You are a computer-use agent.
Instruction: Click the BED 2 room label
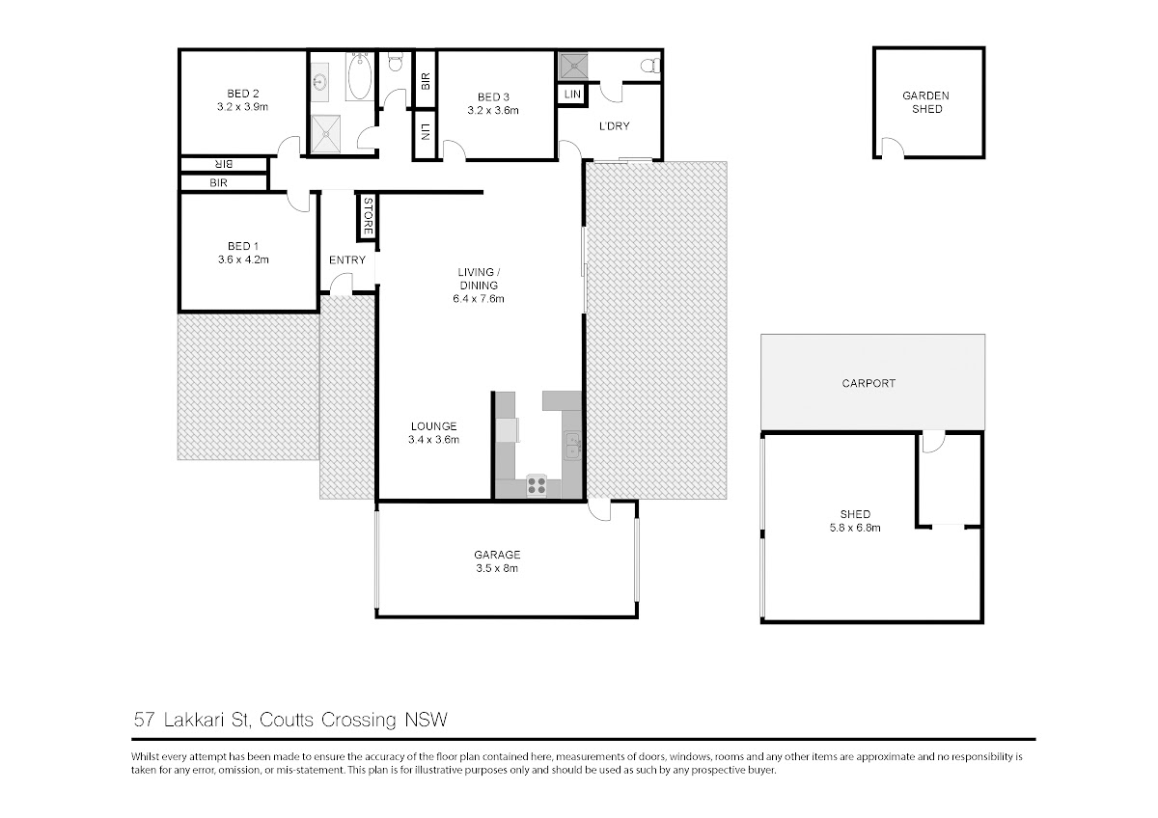pos(242,94)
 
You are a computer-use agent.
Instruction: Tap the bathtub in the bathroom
pos(359,76)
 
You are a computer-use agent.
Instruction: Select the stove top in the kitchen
pos(537,485)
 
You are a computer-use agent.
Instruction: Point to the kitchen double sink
pos(572,445)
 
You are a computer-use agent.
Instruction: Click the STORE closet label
pos(368,216)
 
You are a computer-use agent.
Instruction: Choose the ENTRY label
pos(347,259)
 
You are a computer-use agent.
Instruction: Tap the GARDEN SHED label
pos(926,102)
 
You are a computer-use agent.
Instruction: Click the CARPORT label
pos(868,383)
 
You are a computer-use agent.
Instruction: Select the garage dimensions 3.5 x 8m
pos(497,568)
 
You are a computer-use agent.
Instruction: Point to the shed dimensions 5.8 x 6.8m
pos(855,528)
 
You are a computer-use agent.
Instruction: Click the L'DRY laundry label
pos(614,126)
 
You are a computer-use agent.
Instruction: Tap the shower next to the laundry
pos(573,66)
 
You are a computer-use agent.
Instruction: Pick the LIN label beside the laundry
pos(572,95)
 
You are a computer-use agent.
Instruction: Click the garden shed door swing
pos(893,148)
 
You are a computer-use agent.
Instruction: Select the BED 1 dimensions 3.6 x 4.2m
pos(243,259)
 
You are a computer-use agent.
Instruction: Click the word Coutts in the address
pos(287,720)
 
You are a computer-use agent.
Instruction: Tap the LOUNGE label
pos(433,426)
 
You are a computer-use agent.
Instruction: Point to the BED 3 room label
pos(493,97)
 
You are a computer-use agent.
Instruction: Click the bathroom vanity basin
pos(320,82)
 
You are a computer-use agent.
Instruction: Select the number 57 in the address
pos(144,720)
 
